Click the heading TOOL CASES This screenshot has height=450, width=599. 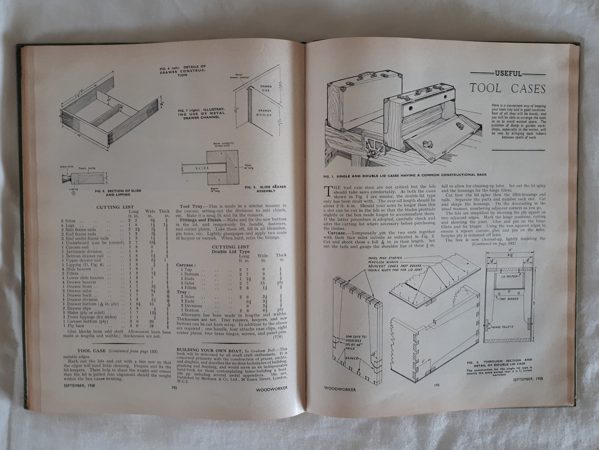tap(508, 88)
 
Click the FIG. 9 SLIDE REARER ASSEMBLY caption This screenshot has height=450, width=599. tap(265, 189)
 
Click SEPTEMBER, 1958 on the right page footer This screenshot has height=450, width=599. tap(527, 379)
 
